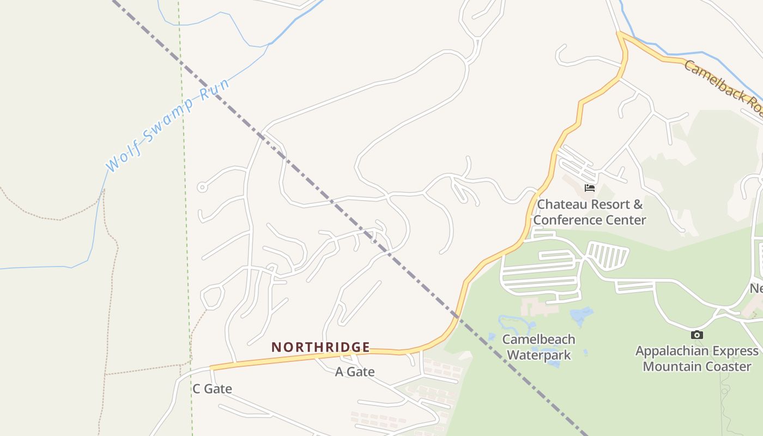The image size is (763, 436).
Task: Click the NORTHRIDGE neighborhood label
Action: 320,347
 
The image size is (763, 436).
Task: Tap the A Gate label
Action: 354,372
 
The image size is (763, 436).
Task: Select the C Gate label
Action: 212,389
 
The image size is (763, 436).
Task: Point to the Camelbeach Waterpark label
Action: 538,347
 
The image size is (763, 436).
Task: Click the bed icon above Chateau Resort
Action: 589,188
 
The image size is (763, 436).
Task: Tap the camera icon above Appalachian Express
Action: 697,335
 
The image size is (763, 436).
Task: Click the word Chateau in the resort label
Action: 561,205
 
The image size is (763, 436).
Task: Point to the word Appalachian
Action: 674,350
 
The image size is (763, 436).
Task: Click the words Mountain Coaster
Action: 697,366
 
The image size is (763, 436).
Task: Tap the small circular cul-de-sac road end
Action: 202,187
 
